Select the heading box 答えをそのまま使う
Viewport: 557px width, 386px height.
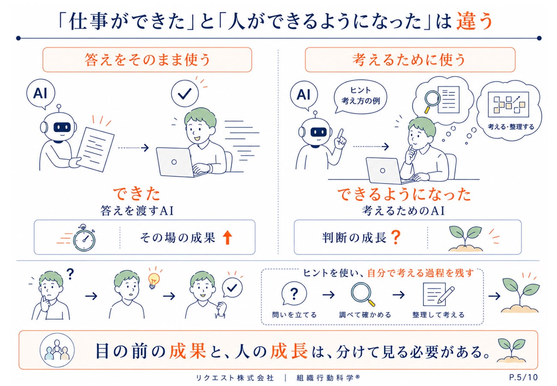(x=147, y=60)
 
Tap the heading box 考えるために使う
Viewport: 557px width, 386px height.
(x=410, y=60)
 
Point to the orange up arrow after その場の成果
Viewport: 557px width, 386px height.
(x=227, y=237)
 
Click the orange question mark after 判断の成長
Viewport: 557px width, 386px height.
(x=396, y=237)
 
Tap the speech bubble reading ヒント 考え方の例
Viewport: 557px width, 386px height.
(x=360, y=96)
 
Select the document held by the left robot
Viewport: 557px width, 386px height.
(x=96, y=150)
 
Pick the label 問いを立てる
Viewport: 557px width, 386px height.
(x=294, y=315)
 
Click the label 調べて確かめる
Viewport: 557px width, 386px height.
(x=365, y=315)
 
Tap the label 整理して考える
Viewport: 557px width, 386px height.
(x=438, y=315)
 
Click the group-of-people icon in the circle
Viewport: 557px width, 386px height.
(x=57, y=350)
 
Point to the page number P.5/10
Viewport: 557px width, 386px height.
(x=523, y=377)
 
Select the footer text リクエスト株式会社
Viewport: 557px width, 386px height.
(x=235, y=378)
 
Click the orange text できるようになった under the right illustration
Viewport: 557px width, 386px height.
(x=404, y=194)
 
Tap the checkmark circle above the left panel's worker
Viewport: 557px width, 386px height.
(x=185, y=93)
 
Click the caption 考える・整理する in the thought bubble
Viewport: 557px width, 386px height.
(x=511, y=127)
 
